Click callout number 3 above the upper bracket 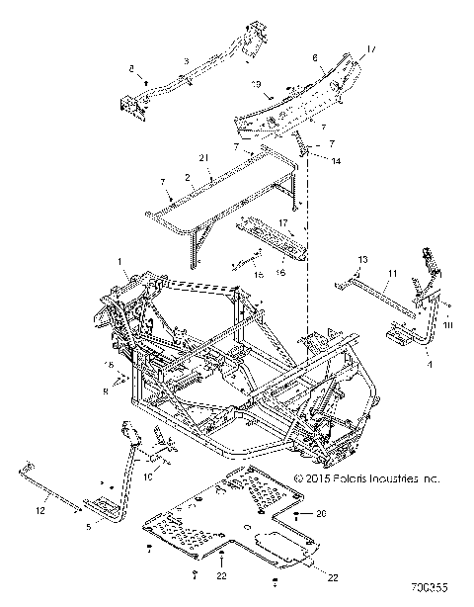point(185,61)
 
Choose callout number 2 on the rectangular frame point(188,177)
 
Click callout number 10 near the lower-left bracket point(149,477)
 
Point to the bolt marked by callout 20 point(296,516)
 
